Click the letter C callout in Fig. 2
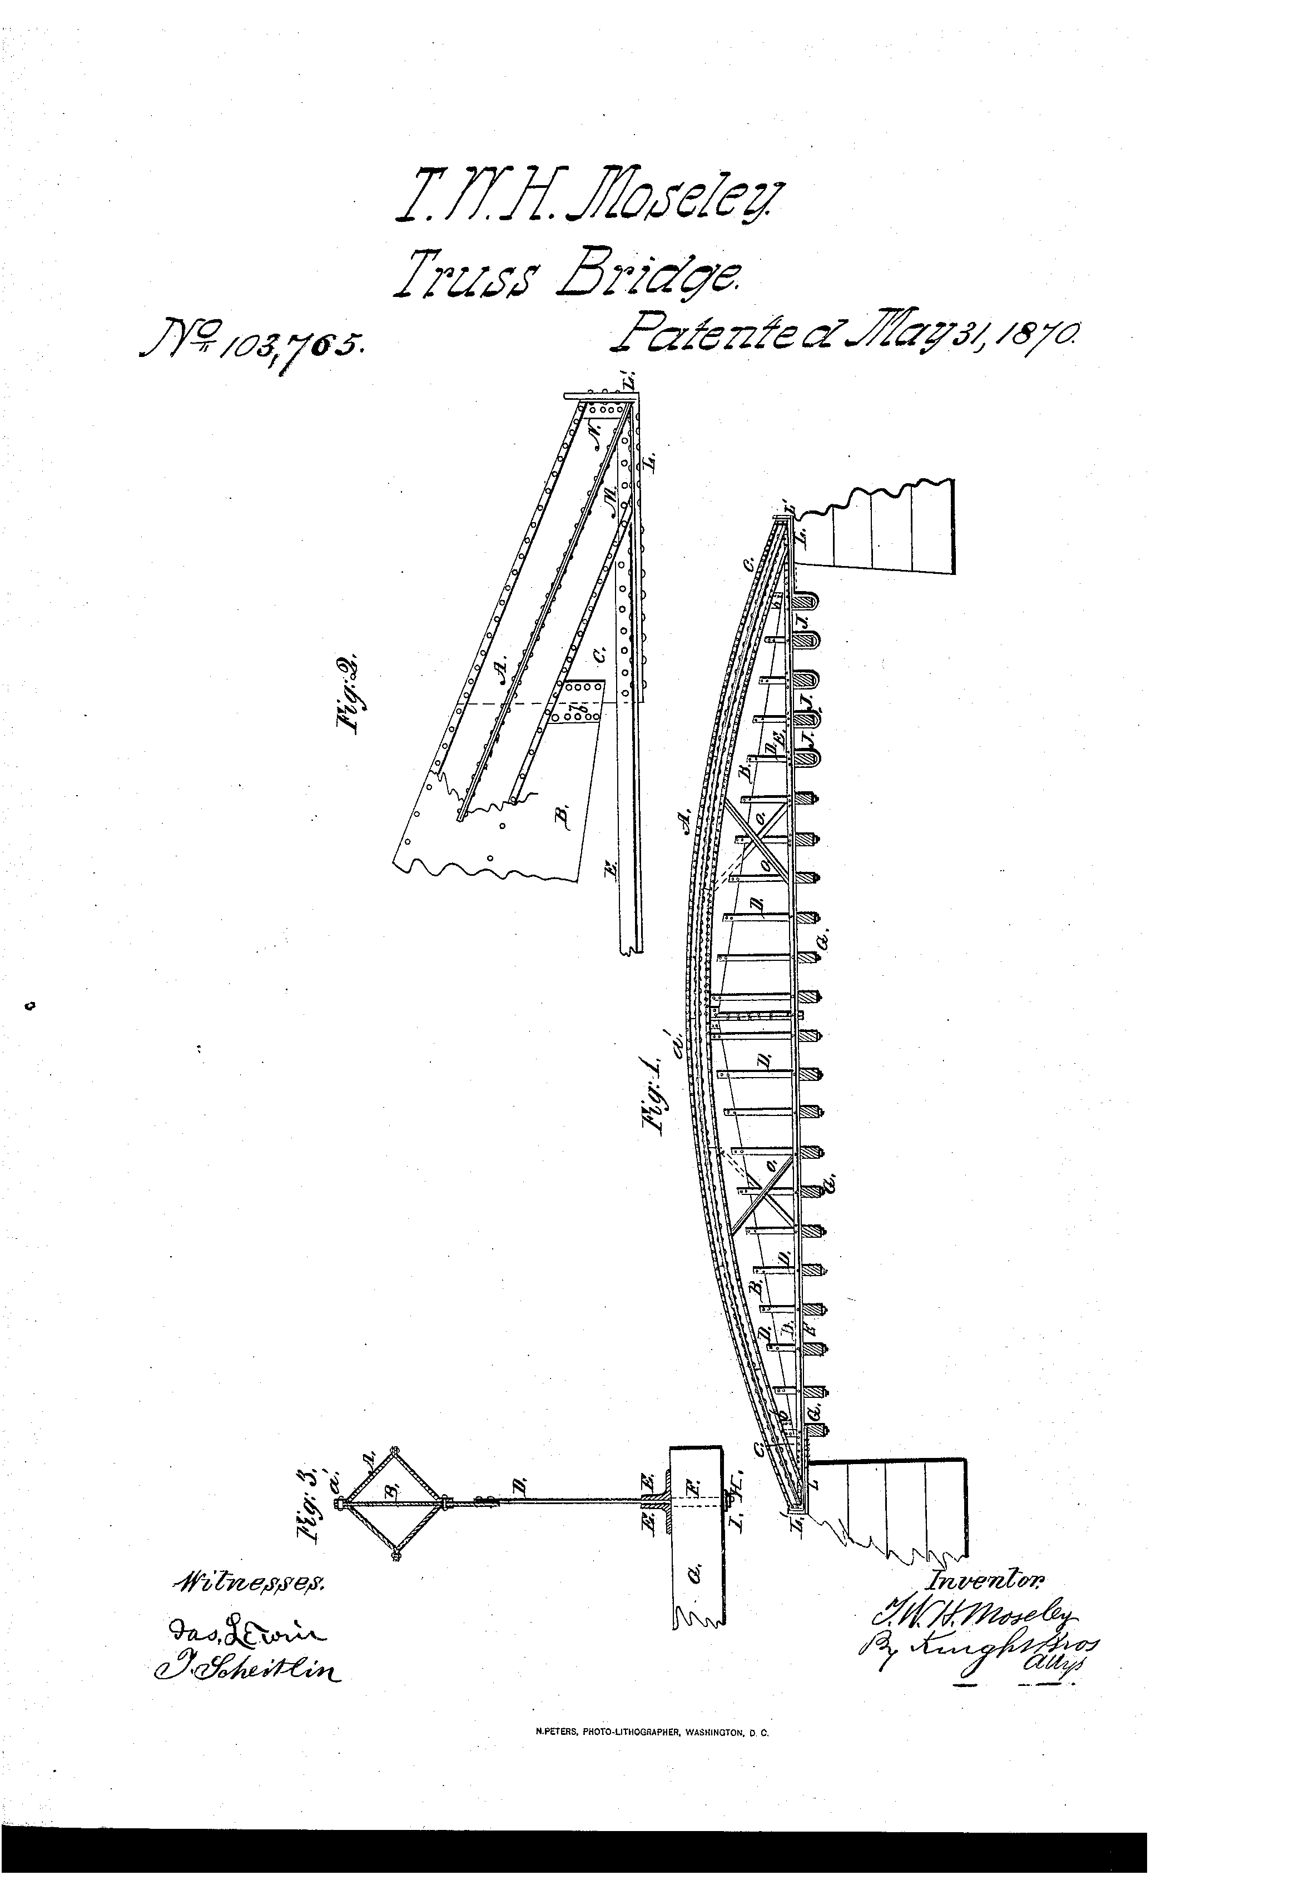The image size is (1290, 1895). tap(599, 653)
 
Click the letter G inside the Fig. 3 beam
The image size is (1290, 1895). tap(696, 1574)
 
